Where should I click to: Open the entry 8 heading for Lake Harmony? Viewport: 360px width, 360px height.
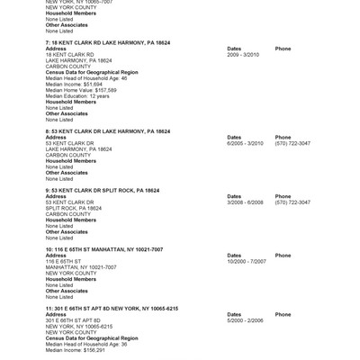click(102, 130)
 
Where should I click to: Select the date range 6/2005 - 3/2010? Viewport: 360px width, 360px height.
click(246, 143)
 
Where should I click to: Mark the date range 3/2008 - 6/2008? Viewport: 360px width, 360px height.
click(246, 202)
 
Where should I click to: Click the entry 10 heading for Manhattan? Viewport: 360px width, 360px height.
click(98, 248)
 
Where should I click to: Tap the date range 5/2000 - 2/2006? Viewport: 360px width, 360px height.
click(246, 319)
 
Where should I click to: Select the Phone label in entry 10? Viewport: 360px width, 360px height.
click(283, 255)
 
